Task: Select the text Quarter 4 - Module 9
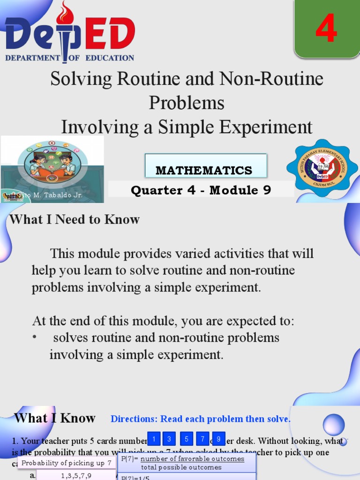201,190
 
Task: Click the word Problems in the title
187,103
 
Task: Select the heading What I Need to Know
75,219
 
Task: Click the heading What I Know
55,418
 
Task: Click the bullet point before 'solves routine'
35,338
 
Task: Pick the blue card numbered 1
154,439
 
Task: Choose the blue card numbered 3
169,439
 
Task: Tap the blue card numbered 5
186,439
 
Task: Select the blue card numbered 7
202,439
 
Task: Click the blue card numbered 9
218,439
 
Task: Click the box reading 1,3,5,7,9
76,475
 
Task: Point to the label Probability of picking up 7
67,463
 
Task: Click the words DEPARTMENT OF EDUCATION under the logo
69,58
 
